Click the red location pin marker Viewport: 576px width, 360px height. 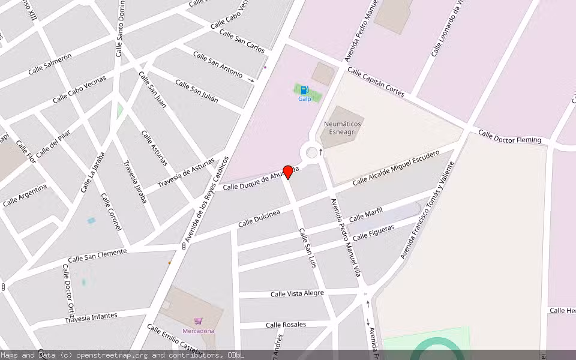click(x=288, y=172)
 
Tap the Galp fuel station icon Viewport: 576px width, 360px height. click(x=304, y=90)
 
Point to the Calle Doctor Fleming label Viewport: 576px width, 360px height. click(x=509, y=136)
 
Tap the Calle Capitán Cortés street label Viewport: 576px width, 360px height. click(x=376, y=82)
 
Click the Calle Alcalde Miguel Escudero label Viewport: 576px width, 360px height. click(x=395, y=167)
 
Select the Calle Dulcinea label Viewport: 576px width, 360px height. click(x=259, y=218)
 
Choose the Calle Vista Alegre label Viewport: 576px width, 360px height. click(x=297, y=293)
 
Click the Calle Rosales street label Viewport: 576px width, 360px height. click(x=286, y=325)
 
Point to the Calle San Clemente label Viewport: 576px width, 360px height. click(x=97, y=256)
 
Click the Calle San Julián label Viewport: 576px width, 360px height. click(x=196, y=89)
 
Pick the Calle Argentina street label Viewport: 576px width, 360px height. click(x=25, y=196)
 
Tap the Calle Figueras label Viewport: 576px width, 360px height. click(x=373, y=232)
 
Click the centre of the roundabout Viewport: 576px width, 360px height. click(x=311, y=152)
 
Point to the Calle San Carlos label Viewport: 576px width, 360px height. click(x=242, y=40)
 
